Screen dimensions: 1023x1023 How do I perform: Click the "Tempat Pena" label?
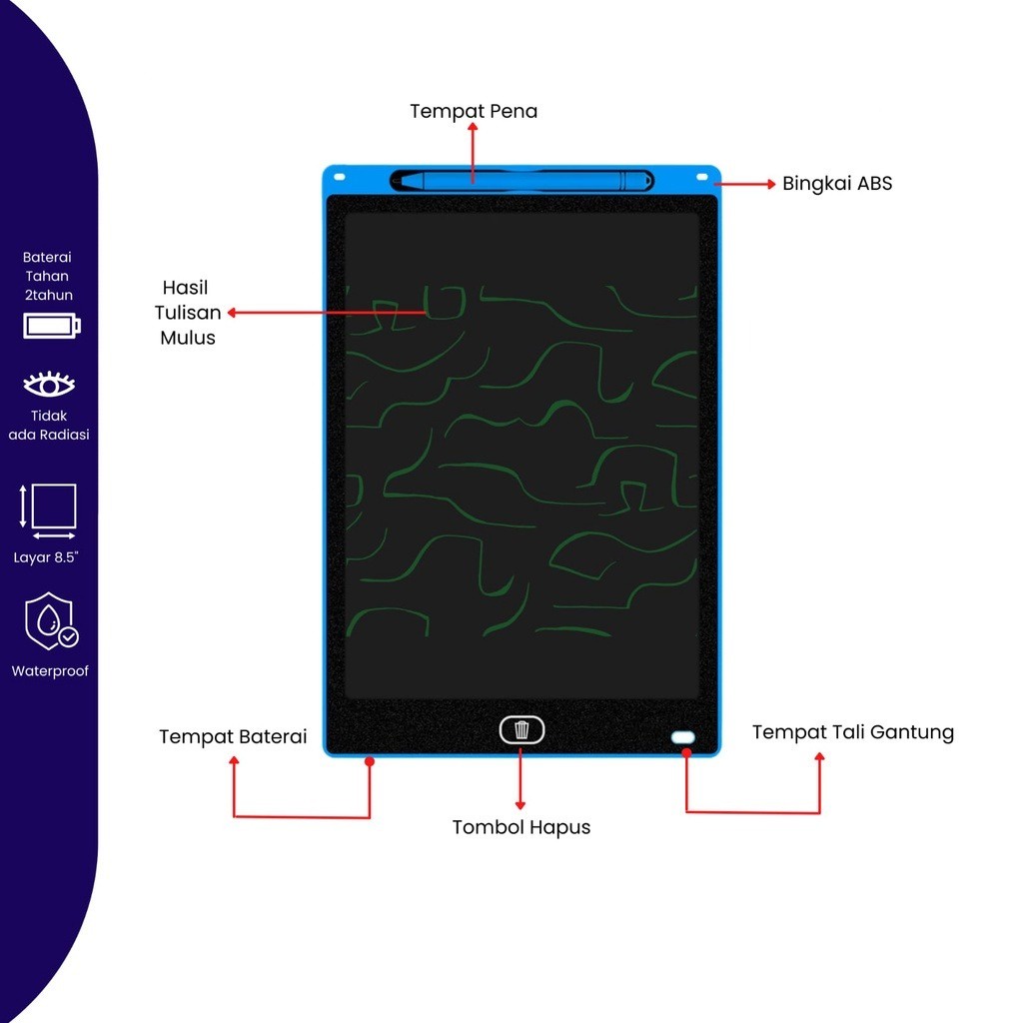474,111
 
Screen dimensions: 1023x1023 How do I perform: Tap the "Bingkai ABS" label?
837,184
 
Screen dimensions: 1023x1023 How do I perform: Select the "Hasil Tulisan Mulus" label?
188,313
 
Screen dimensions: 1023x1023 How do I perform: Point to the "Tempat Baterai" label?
233,737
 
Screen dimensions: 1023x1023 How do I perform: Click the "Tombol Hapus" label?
520,827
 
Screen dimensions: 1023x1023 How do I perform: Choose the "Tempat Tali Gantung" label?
852,732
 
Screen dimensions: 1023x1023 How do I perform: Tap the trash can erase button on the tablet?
521,730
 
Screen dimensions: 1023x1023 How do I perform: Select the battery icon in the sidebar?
52,326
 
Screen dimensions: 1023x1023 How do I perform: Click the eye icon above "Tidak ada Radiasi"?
49,385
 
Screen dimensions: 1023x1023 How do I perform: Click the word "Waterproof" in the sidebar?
50,671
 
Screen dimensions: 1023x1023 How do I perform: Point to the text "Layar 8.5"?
46,557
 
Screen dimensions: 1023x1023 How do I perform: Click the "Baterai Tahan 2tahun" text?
48,276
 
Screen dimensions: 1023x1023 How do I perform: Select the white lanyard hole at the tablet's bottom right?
683,737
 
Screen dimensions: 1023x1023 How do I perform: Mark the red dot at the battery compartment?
370,761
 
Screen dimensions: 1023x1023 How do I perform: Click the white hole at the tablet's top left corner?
339,177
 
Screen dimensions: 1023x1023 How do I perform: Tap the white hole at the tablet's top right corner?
703,177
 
